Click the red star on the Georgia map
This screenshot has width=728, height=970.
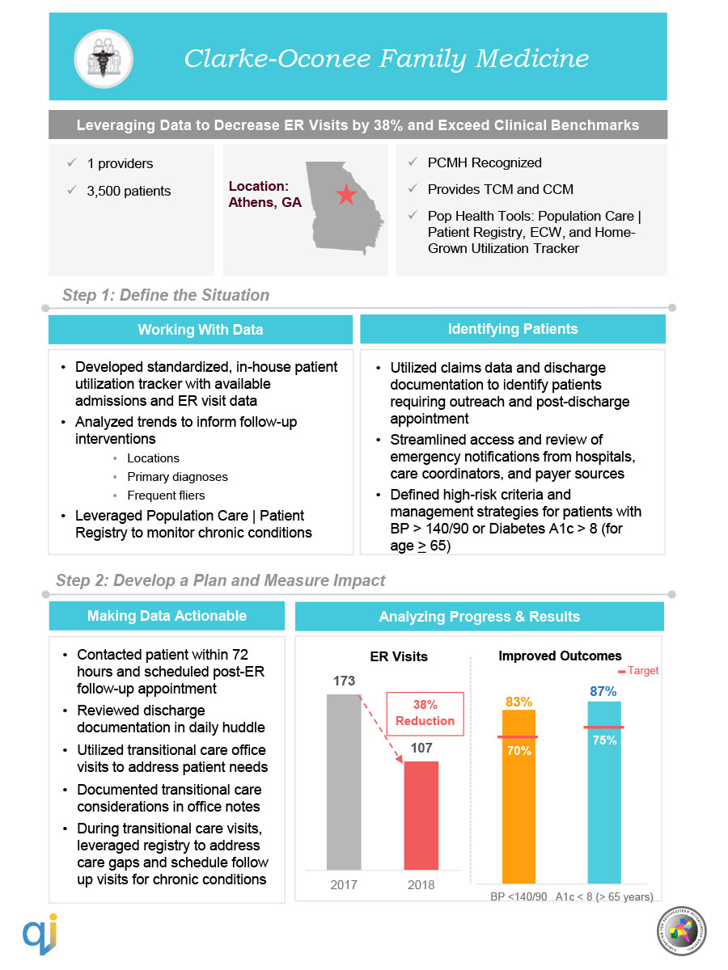coord(345,195)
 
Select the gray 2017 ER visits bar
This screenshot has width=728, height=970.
coord(344,781)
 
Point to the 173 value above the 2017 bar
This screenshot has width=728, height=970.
coord(344,681)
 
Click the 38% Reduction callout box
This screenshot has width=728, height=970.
coord(424,713)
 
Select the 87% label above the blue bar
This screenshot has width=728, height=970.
coord(603,691)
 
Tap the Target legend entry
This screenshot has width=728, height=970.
coord(638,671)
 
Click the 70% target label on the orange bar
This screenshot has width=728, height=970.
coord(518,751)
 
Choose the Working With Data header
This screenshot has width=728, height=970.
coord(200,330)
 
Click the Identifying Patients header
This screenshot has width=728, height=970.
coord(513,329)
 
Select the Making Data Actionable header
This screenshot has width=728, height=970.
coord(167,616)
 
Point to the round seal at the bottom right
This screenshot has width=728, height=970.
coord(681,933)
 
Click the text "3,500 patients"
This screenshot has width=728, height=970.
coord(129,192)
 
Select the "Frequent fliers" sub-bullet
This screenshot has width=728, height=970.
coord(166,496)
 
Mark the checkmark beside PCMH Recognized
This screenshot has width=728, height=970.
coord(411,163)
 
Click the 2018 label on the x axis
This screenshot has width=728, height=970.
coord(421,884)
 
